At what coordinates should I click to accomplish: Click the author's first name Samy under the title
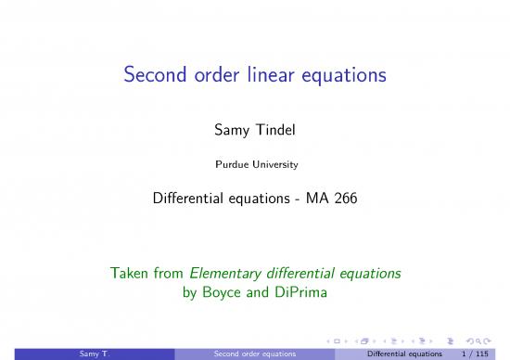point(231,137)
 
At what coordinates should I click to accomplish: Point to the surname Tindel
point(278,137)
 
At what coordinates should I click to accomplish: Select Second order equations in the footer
point(254,354)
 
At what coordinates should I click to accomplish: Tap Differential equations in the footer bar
point(405,354)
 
